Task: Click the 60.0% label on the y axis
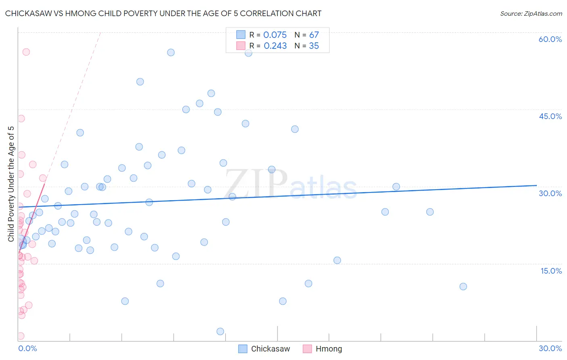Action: [550, 39]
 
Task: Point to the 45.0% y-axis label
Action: [550, 116]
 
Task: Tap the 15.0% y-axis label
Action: [551, 270]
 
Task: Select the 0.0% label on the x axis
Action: [27, 348]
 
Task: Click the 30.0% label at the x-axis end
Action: [550, 348]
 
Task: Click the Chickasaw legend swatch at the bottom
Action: [243, 349]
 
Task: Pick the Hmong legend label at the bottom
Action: [329, 349]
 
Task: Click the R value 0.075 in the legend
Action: [275, 35]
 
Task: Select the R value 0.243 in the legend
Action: [275, 46]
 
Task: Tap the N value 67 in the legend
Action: [314, 35]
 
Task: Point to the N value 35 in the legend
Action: [314, 46]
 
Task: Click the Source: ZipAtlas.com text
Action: [531, 14]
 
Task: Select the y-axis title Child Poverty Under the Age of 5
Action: [11, 184]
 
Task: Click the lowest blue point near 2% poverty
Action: [220, 331]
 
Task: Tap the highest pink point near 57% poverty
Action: [26, 52]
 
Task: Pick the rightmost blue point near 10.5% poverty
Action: [463, 287]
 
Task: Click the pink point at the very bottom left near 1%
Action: [21, 336]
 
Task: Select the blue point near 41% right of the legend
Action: [295, 129]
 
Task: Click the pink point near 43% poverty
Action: [21, 119]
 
